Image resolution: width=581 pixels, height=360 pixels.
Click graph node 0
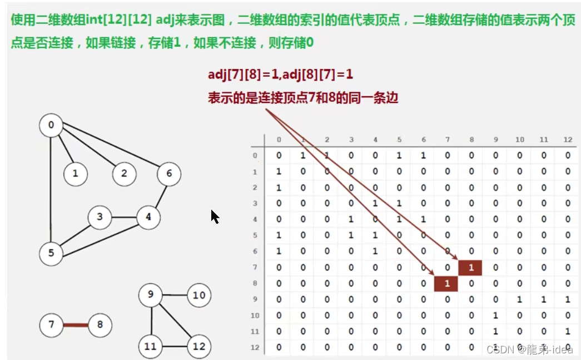[51, 126]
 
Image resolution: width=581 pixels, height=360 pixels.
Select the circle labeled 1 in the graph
[75, 174]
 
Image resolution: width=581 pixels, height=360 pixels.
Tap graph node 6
[169, 174]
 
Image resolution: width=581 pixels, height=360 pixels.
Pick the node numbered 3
[100, 217]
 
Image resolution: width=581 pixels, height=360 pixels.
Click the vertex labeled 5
[51, 254]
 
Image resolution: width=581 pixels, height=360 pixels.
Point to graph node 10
[199, 295]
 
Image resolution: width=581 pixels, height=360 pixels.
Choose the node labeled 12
[199, 346]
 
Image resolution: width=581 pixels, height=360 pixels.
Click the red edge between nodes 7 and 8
[75, 324]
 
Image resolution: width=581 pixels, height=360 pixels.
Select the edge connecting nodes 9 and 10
[175, 295]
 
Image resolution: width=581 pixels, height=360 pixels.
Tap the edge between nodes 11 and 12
[175, 346]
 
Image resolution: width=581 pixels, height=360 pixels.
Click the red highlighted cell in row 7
[470, 268]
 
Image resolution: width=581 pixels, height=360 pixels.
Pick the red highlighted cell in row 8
[446, 284]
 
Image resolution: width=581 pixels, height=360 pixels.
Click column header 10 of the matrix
[519, 140]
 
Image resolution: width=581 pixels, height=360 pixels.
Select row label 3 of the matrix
[255, 204]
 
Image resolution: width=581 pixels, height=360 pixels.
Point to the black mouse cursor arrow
[215, 216]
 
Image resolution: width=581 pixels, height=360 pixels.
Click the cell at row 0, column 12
[568, 156]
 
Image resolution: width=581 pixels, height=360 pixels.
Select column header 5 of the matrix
[399, 140]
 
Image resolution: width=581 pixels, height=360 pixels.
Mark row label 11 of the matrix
[255, 332]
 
